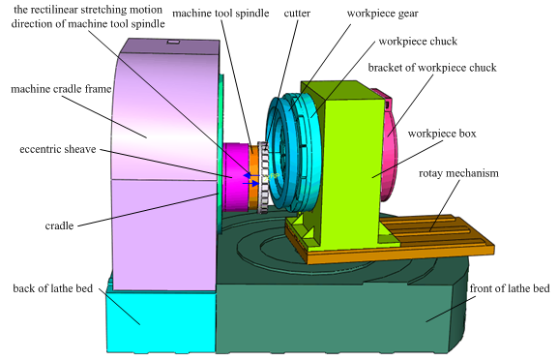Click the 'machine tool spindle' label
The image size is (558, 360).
point(220,14)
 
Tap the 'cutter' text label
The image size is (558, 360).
point(297,14)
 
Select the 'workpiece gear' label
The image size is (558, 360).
point(383,14)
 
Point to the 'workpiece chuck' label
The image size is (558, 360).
point(418,42)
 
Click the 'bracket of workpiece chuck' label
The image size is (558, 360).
point(432,68)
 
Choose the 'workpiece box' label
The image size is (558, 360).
point(442,134)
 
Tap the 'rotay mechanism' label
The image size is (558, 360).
point(458,173)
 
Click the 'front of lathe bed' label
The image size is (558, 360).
point(510,288)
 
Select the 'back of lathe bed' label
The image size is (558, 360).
point(52,288)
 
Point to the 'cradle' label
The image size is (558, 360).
point(59,225)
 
